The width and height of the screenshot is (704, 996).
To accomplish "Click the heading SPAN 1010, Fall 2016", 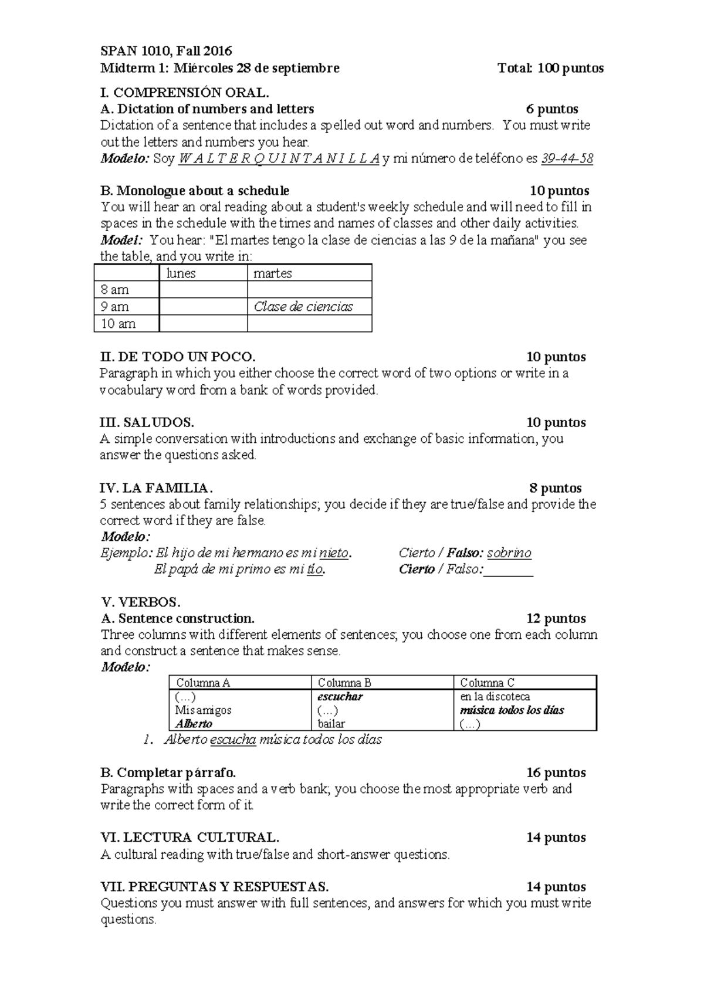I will [166, 51].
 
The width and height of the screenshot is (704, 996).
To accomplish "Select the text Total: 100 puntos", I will [550, 68].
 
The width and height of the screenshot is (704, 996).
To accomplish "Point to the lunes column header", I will [181, 273].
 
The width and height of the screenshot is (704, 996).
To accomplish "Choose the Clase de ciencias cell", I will [303, 307].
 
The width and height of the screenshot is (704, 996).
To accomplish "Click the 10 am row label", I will [119, 324].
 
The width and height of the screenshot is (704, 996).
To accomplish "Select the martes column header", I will [272, 273].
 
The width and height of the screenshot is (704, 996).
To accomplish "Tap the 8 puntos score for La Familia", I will [555, 488].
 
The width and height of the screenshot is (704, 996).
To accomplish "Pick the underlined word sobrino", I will [509, 553].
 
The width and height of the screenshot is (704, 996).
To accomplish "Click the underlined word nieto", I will [334, 553].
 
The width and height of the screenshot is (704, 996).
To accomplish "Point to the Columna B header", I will [344, 683].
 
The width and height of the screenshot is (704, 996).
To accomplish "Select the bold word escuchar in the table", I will [340, 697].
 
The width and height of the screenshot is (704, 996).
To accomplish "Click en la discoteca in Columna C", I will [495, 697].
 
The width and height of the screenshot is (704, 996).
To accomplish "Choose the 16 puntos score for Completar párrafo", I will [556, 773].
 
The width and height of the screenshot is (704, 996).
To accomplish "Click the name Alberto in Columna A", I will [194, 724].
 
